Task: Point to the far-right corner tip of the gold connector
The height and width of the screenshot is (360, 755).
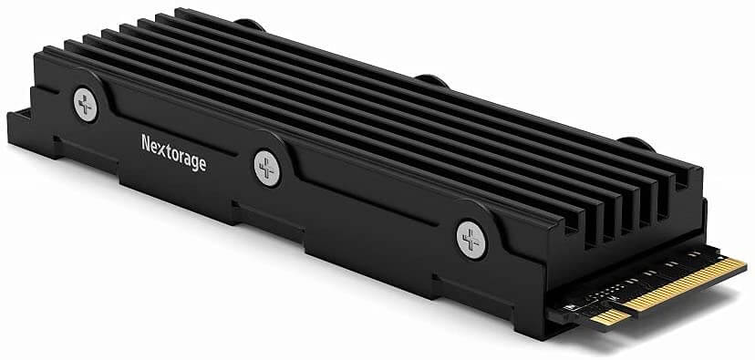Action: (x=746, y=264)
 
